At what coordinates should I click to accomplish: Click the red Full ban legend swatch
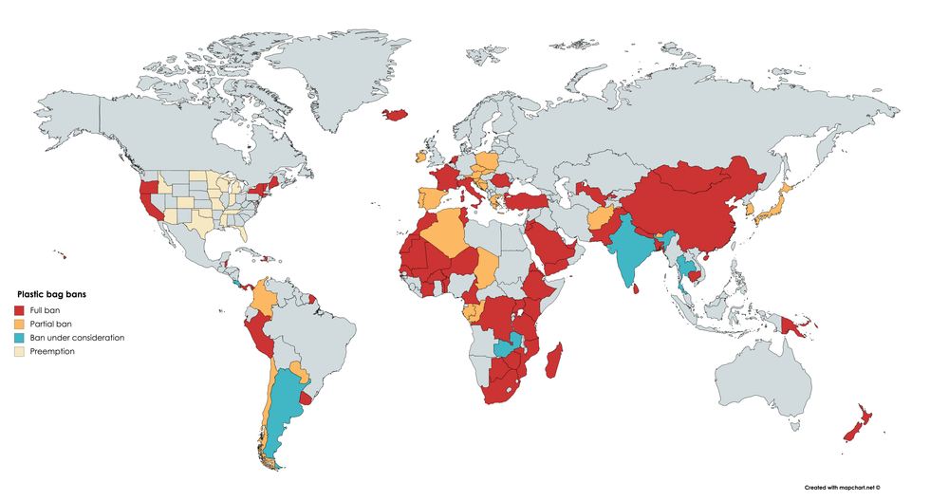pos(19,310)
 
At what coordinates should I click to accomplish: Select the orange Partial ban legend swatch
pos(19,324)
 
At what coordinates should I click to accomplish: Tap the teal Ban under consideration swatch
pos(19,338)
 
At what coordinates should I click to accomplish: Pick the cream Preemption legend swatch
pos(19,351)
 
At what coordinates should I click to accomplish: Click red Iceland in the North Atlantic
pos(396,115)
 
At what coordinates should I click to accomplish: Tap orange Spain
pos(430,199)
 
